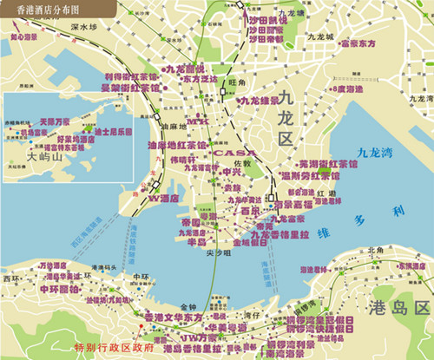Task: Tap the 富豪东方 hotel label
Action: click(x=358, y=42)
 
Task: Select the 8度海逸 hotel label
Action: click(x=347, y=88)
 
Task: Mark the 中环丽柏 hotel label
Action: click(x=60, y=287)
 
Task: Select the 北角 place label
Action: click(x=375, y=251)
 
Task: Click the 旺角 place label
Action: click(x=233, y=83)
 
